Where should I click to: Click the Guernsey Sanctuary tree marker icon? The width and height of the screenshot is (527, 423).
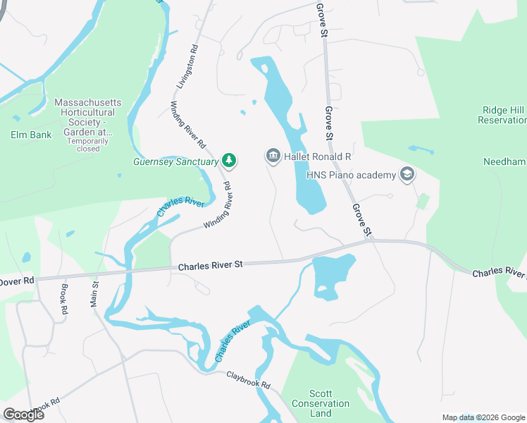click(229, 161)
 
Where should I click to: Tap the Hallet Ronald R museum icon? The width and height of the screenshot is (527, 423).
click(273, 156)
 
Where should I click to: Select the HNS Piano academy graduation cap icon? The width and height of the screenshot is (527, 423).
click(407, 174)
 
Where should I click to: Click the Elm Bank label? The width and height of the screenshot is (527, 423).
click(31, 134)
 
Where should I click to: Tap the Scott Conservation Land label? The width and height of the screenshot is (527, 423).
click(329, 403)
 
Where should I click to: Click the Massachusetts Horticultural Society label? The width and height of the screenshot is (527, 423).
click(88, 117)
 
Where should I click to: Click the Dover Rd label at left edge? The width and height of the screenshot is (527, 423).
click(17, 280)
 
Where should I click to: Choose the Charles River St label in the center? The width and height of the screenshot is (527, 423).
click(210, 265)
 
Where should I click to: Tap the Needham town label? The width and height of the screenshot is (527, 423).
click(504, 161)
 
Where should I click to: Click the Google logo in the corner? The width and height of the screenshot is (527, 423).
click(23, 414)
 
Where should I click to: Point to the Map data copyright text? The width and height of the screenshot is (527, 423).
click(483, 417)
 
